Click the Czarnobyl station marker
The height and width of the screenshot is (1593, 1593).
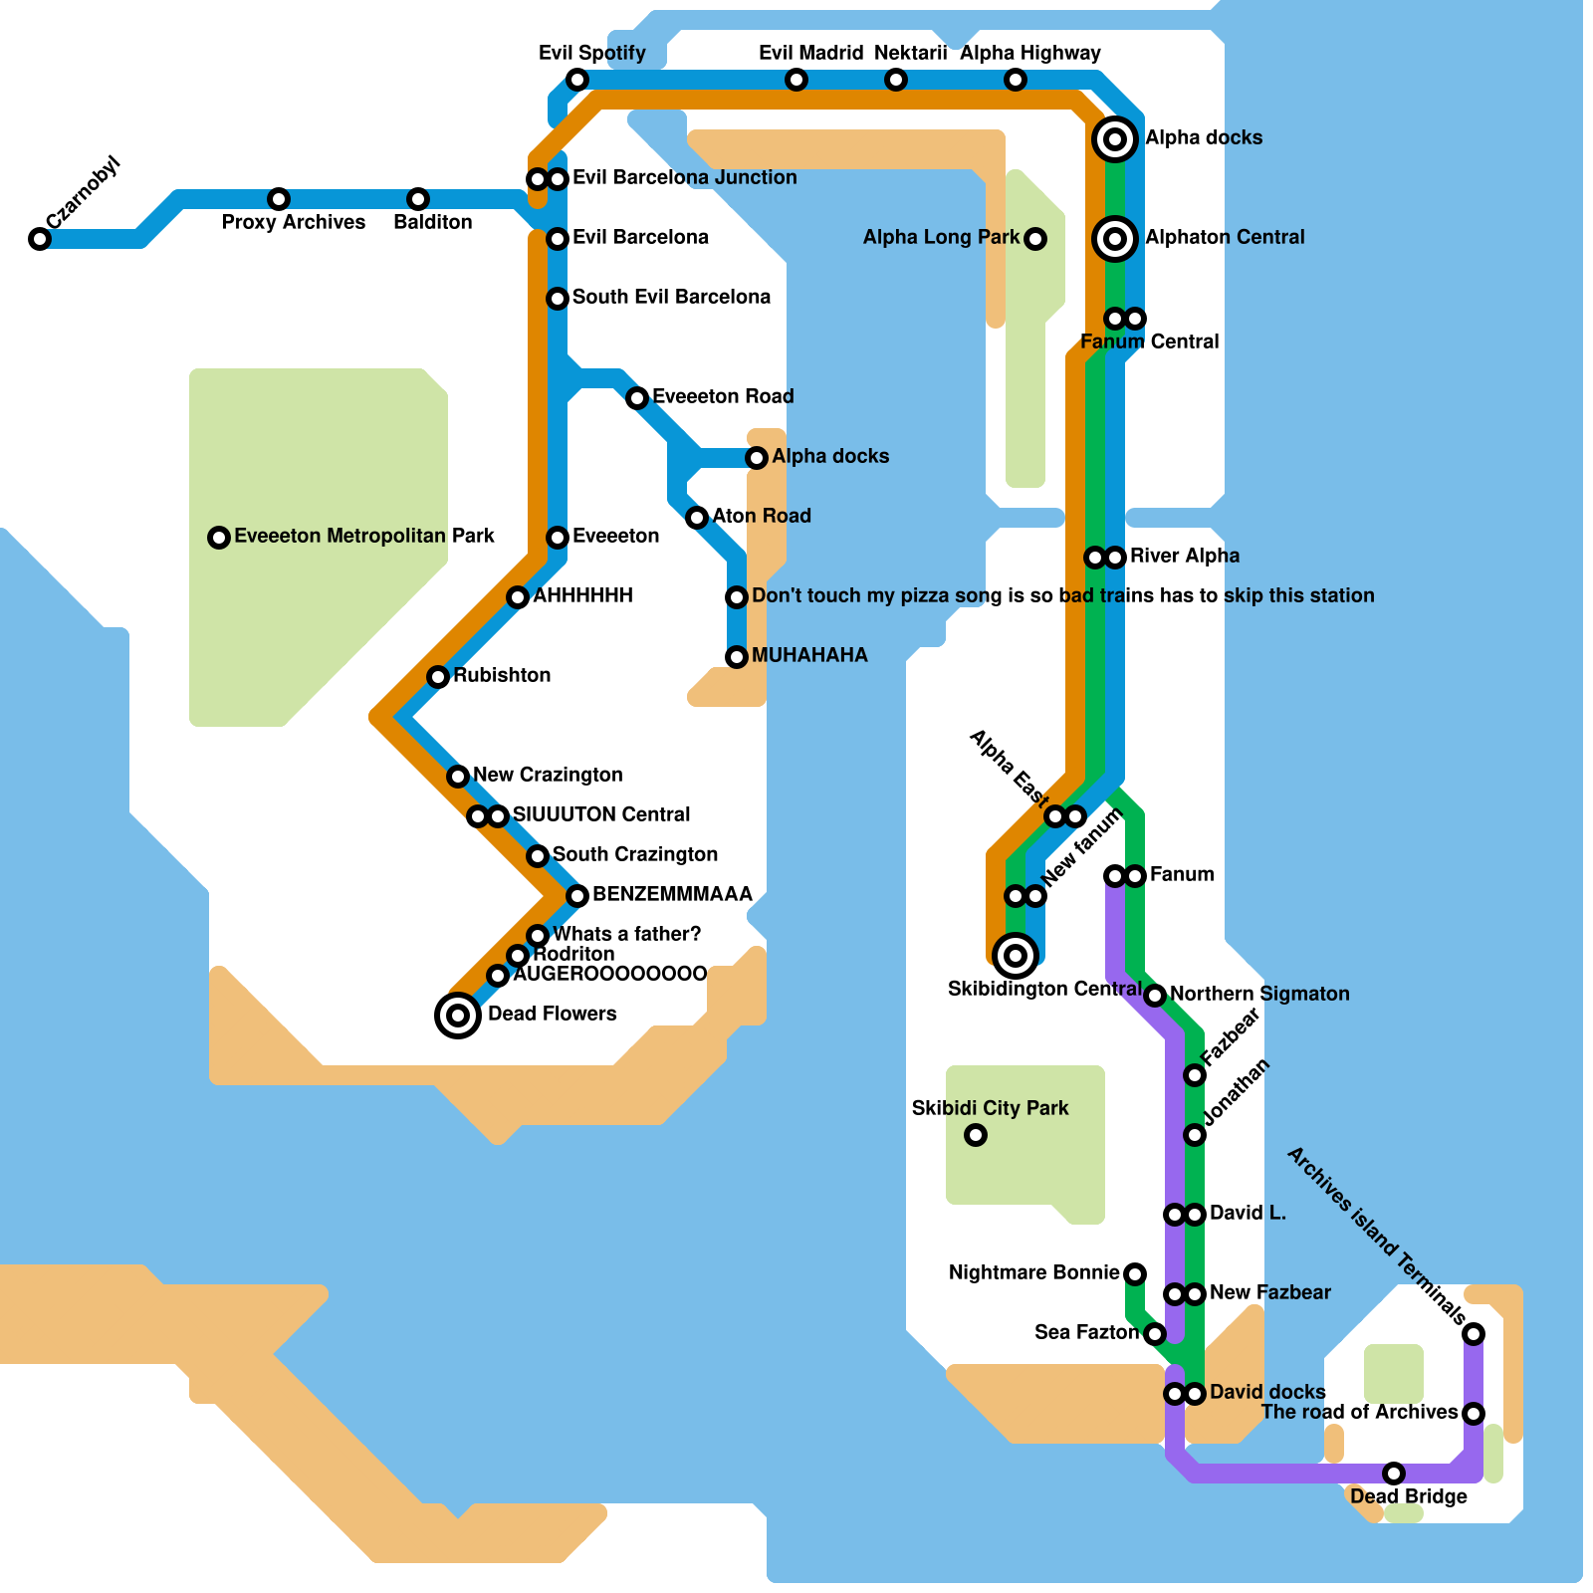(40, 239)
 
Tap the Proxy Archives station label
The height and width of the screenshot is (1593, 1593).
(293, 222)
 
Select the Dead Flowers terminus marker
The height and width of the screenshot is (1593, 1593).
(458, 1016)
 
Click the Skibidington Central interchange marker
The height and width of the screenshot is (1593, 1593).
(1016, 956)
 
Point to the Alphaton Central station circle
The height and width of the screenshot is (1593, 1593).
(1115, 239)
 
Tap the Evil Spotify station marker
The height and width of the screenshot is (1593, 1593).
(577, 80)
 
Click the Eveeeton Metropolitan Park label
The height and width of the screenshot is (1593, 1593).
(364, 536)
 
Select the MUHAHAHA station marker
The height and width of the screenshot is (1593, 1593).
(737, 657)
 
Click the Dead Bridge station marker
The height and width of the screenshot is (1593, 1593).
(1394, 1474)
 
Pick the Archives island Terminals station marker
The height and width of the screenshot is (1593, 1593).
(1474, 1334)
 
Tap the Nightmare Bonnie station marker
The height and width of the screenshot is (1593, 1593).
(1135, 1273)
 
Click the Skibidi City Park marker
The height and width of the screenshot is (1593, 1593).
(976, 1135)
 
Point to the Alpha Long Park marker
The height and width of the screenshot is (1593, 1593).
(1035, 239)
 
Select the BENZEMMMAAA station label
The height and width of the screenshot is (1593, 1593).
(672, 894)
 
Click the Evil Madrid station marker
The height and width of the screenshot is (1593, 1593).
(796, 80)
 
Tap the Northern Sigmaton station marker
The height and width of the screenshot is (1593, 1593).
(1155, 996)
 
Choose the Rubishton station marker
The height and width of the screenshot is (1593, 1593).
(438, 677)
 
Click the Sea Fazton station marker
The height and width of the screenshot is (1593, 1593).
(1155, 1334)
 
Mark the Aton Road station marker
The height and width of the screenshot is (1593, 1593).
(697, 518)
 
